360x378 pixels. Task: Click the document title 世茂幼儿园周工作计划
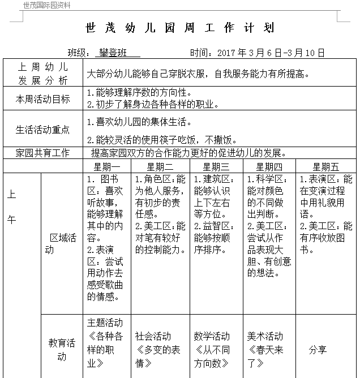[x=179, y=28]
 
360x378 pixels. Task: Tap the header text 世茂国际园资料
[x=47, y=5]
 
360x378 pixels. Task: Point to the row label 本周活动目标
[x=43, y=99]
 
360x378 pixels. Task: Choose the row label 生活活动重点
[x=43, y=130]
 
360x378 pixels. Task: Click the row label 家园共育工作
[x=43, y=153]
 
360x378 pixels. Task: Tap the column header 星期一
[x=107, y=167]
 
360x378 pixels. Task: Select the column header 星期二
[x=160, y=167]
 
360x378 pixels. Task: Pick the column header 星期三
[x=216, y=167]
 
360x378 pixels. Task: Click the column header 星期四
[x=269, y=167]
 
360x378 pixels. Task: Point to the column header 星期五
[x=325, y=167]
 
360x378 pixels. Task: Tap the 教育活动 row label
[x=61, y=349]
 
